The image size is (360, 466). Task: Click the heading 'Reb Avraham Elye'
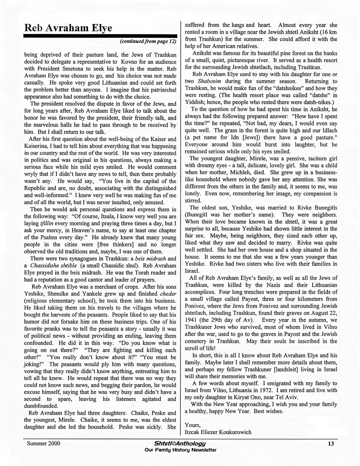pos(68,28)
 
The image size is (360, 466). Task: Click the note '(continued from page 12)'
pos(148,41)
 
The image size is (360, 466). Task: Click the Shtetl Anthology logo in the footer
pos(180,443)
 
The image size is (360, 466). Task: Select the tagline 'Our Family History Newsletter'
pos(180,450)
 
